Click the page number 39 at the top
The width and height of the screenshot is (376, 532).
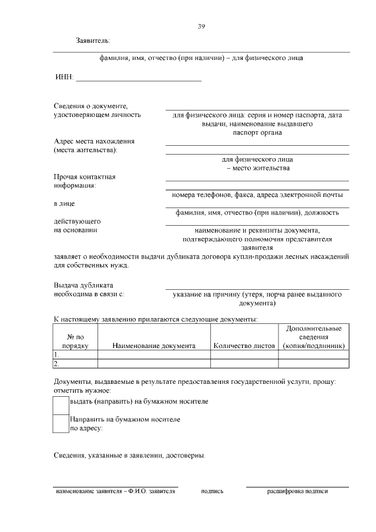201,26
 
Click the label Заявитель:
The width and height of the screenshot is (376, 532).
93,41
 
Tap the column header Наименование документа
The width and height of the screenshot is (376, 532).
154,346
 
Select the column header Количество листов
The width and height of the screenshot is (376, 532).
244,346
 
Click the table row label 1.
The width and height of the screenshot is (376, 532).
56,355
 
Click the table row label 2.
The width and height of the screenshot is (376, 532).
56,364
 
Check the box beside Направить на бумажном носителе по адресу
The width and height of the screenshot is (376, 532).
61,423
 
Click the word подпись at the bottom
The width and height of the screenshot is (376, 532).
212,491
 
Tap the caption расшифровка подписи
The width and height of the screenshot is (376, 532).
297,491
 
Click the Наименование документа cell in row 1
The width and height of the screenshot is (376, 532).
154,355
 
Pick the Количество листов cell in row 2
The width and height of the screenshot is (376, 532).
244,364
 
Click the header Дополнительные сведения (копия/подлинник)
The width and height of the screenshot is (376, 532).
313,337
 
